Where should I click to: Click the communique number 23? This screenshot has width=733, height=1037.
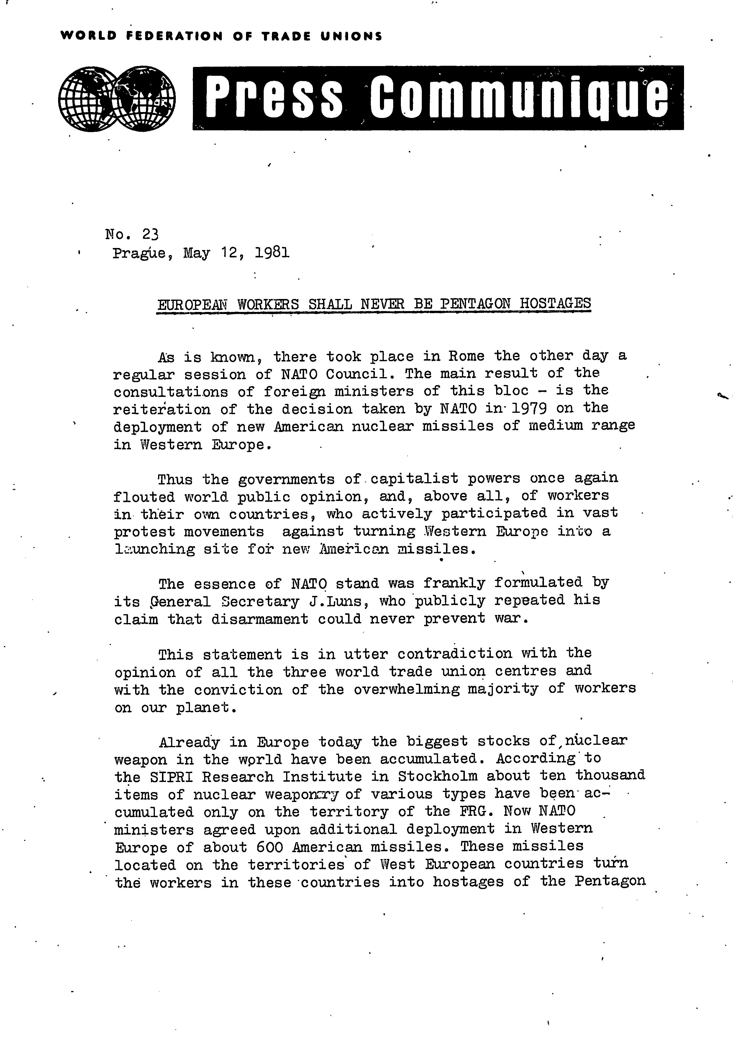tap(150, 234)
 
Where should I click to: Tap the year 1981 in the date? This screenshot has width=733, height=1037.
tap(272, 252)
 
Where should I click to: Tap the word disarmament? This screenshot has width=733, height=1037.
tap(260, 619)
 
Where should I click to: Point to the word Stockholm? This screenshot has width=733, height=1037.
tap(437, 776)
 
